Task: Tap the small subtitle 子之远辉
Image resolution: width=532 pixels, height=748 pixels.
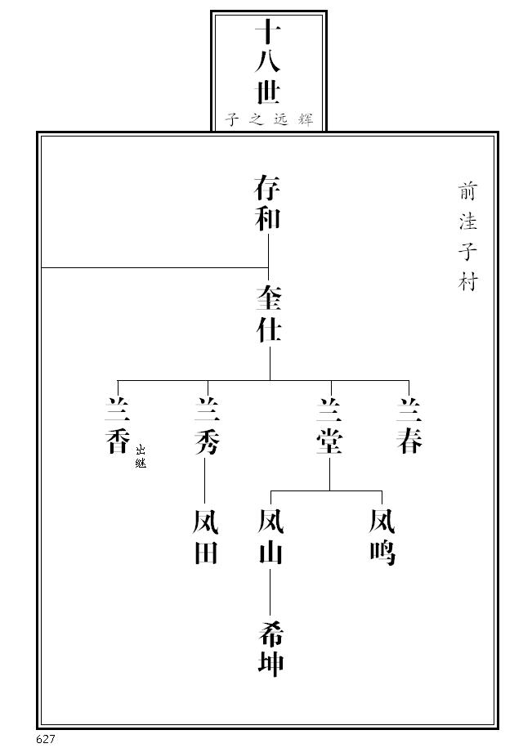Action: (x=269, y=119)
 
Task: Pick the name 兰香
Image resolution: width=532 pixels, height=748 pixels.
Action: (x=118, y=426)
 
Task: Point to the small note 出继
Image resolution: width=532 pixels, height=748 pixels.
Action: (x=141, y=456)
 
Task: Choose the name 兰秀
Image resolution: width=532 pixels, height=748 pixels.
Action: (x=207, y=426)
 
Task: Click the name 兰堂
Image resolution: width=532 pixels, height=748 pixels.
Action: (x=330, y=426)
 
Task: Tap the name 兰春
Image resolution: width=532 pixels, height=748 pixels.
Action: (x=409, y=426)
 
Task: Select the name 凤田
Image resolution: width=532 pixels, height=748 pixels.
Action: (x=206, y=537)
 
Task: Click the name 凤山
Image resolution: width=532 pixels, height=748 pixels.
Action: (x=270, y=537)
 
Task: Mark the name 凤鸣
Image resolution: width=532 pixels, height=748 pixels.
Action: (x=382, y=537)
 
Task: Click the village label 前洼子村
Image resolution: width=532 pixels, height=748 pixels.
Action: (x=467, y=236)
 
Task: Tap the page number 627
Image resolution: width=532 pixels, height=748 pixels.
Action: (x=46, y=739)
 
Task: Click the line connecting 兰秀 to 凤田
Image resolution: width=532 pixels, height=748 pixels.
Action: (x=206, y=481)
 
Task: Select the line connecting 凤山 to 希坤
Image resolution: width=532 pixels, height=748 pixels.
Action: (x=270, y=593)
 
